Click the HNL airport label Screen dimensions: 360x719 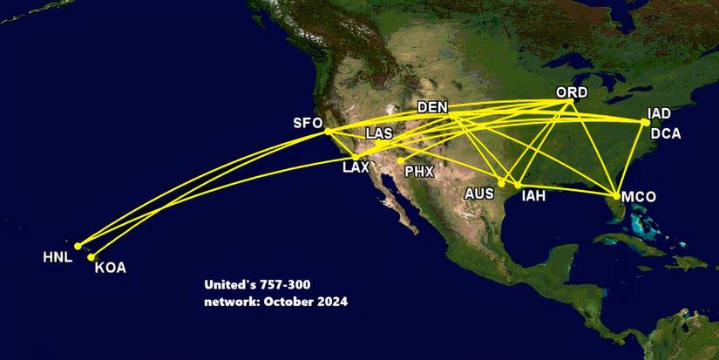coord(58,257)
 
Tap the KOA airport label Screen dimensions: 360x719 coord(110,268)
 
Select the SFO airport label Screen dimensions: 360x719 coord(308,123)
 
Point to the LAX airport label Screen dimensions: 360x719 coord(356,166)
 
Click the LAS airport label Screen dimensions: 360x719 coord(379,133)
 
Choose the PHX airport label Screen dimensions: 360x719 coord(419,172)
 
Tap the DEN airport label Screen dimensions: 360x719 coord(433,107)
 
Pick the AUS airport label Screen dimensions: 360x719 coord(479,193)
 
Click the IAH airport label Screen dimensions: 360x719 coord(533,196)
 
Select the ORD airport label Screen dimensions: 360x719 coord(572,92)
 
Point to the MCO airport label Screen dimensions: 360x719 coord(641,198)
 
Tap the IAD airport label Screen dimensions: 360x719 coord(660,113)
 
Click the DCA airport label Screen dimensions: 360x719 coord(666,133)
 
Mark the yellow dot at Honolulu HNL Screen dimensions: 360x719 coord(78,246)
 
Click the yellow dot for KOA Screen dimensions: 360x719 coord(91,256)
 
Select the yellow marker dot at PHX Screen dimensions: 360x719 coord(400,160)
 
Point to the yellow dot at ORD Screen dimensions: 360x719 coord(570,103)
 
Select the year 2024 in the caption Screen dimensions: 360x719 coord(331,302)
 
